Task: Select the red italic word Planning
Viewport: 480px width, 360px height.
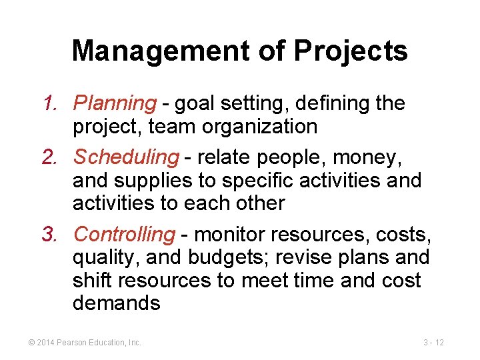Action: (115, 103)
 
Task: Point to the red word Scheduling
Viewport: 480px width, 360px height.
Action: (126, 157)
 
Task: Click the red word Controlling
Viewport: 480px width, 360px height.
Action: (124, 234)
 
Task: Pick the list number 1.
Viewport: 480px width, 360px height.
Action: (51, 103)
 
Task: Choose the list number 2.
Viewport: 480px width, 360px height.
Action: (51, 157)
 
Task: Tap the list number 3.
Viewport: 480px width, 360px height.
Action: (51, 234)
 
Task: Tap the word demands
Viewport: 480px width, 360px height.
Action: (117, 303)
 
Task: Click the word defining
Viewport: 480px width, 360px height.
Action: (329, 103)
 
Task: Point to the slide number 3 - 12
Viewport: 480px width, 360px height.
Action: (433, 343)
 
